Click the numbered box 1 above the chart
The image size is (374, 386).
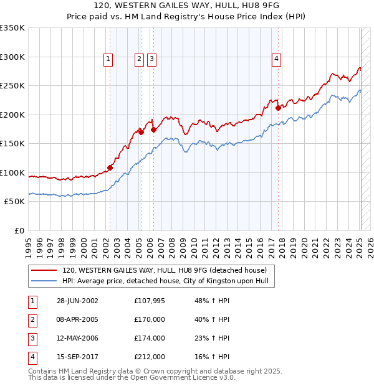108,59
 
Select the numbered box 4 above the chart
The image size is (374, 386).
276,59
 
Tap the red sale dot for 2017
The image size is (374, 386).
278,108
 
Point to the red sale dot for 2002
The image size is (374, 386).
110,167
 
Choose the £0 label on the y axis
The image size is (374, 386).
19,230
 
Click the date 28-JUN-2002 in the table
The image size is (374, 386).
77,301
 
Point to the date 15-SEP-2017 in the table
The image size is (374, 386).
77,357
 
